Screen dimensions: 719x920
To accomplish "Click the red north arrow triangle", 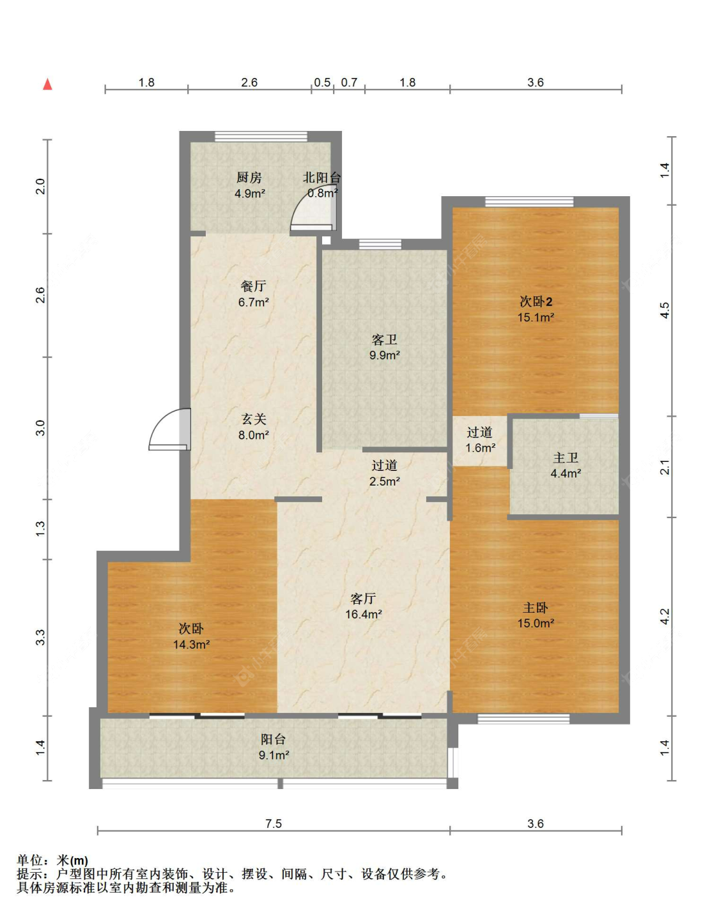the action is pyautogui.click(x=47, y=84).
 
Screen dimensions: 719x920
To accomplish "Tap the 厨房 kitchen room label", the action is pyautogui.click(x=249, y=178).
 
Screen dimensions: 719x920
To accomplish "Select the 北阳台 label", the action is pyautogui.click(x=322, y=178).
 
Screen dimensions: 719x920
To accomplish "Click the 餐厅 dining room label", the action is pyautogui.click(x=253, y=286).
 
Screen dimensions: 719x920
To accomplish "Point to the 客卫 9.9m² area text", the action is pyautogui.click(x=385, y=355).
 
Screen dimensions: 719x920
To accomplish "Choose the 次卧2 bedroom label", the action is pyautogui.click(x=536, y=302).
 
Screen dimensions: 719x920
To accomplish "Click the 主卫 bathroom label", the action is pyautogui.click(x=566, y=457).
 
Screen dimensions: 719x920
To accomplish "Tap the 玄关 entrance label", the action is pyautogui.click(x=254, y=419).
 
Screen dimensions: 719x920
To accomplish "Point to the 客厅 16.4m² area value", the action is pyautogui.click(x=364, y=615).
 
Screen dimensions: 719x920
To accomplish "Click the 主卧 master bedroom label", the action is pyautogui.click(x=536, y=608).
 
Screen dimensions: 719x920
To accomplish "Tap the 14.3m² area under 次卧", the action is pyautogui.click(x=191, y=645).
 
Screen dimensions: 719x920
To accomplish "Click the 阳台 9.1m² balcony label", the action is pyautogui.click(x=274, y=747).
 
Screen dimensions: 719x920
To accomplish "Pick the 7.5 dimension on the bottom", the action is pyautogui.click(x=274, y=824).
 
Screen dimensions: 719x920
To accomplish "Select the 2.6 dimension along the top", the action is pyautogui.click(x=249, y=82).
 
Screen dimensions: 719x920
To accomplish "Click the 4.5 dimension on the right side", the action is pyautogui.click(x=665, y=310).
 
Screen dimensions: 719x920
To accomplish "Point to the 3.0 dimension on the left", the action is pyautogui.click(x=40, y=428).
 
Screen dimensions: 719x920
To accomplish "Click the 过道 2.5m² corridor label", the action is pyautogui.click(x=385, y=473).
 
